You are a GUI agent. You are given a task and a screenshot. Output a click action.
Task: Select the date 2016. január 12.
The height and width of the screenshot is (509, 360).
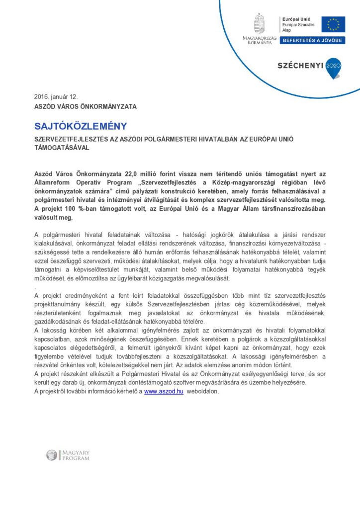tap(56, 96)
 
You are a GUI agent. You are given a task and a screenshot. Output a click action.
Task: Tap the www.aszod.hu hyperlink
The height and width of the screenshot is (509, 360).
tap(164, 391)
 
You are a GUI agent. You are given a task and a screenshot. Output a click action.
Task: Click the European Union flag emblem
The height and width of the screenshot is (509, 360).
tap(333, 24)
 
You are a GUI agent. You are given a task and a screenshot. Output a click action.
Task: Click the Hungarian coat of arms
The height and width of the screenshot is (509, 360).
tap(260, 23)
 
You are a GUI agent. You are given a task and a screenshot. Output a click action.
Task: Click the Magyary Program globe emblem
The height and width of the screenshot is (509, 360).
tap(52, 455)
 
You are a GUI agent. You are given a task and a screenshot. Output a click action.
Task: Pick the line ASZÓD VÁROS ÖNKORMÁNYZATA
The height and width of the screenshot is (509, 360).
tap(85, 106)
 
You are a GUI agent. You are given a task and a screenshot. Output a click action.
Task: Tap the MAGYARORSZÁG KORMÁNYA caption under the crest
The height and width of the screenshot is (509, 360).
tap(260, 40)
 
